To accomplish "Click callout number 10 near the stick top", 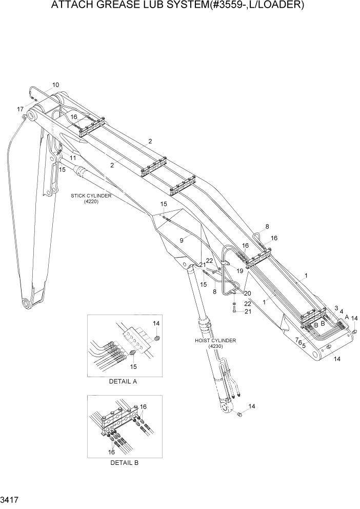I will [55, 85].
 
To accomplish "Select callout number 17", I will [20, 109].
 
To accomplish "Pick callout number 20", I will [248, 293].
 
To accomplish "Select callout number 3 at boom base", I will [336, 308].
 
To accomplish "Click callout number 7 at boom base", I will [297, 340].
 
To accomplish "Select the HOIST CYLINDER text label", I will [215, 340].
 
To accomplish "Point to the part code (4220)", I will [91, 202].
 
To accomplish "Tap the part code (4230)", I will [215, 346].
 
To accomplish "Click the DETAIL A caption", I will [123, 382].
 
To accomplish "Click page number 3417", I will [10, 499].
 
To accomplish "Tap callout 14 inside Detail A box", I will [157, 323].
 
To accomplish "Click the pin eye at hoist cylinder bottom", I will [224, 408].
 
